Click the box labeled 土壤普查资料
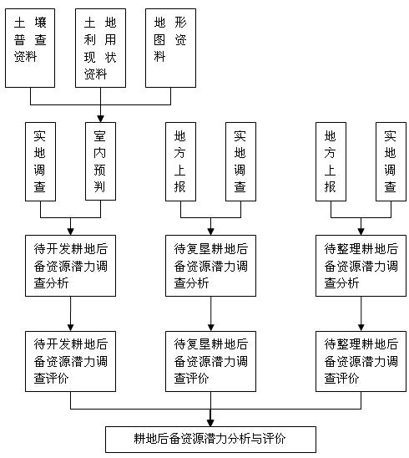tap(30, 48)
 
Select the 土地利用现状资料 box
tap(101, 48)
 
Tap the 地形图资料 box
tap(170, 48)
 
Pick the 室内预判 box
tap(100, 161)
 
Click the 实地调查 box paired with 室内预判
tap(40, 161)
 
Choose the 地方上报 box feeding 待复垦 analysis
tap(180, 161)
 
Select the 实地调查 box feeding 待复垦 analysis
tap(240, 161)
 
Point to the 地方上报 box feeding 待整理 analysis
tap(331, 161)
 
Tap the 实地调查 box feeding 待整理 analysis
tap(391, 161)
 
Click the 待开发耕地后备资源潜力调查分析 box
tap(70, 266)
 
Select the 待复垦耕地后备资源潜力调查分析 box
tap(210, 266)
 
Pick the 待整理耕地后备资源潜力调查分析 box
tap(361, 266)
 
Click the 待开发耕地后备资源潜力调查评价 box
tap(70, 361)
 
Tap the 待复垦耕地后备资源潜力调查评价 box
tap(210, 361)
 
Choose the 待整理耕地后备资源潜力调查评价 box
tap(361, 361)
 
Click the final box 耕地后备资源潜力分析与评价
tap(210, 440)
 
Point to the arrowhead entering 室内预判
tap(101, 119)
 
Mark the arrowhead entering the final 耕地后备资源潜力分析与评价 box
tap(210, 423)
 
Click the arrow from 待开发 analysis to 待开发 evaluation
tap(70, 313)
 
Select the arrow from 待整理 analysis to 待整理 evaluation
tap(361, 313)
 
